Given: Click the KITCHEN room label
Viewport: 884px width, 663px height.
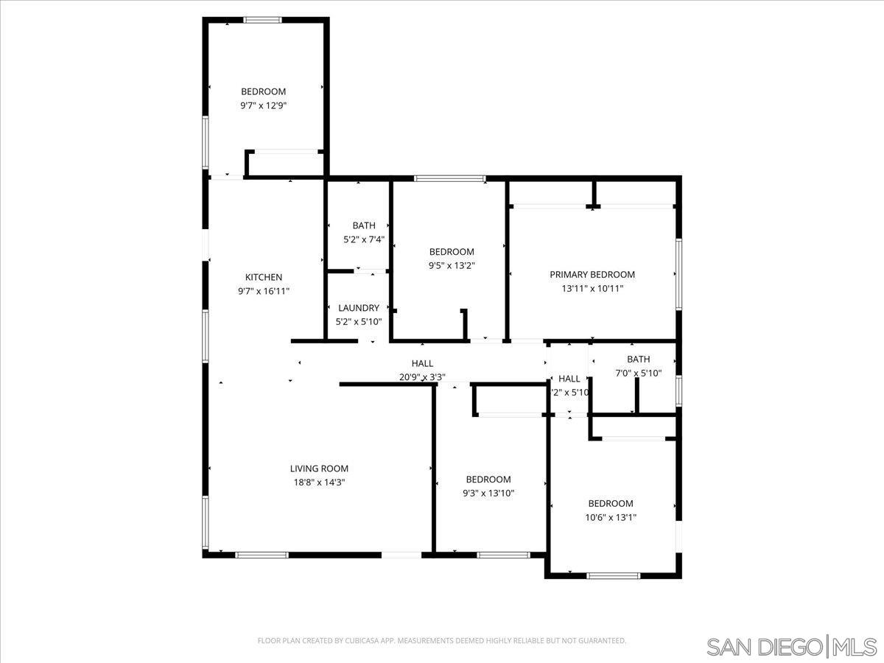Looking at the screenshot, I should tap(264, 277).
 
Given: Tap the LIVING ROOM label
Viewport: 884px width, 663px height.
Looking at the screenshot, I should tap(319, 469).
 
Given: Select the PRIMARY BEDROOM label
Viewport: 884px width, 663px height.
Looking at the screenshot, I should tap(592, 275).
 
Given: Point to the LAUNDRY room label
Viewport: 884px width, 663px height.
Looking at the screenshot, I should tap(359, 308).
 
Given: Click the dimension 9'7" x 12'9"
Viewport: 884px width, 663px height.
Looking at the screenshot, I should tap(264, 105).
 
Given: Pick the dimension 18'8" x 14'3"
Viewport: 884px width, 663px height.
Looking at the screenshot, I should tap(319, 483).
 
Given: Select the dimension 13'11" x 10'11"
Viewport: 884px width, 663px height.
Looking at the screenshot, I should tap(592, 289).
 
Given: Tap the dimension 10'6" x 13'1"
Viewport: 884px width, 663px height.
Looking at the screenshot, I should tap(611, 517).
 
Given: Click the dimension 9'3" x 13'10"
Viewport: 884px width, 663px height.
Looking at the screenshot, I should tap(488, 493).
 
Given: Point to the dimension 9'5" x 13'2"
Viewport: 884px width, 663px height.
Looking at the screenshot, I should tap(452, 266).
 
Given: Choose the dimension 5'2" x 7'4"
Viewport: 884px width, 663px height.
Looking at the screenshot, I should tap(364, 239).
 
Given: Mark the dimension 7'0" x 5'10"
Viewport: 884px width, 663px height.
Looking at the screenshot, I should tap(639, 373).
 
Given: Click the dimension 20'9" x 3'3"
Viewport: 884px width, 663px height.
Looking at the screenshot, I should tap(422, 377).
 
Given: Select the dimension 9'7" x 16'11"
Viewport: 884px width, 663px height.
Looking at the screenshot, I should tap(264, 291).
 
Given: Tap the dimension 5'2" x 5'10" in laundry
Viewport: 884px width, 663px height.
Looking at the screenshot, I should tap(359, 322).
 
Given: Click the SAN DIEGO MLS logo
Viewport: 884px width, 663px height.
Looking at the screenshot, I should tap(790, 647).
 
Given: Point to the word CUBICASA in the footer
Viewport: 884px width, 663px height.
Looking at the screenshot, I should tap(365, 641).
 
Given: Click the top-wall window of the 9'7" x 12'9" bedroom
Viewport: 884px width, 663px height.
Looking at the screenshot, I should tap(263, 20).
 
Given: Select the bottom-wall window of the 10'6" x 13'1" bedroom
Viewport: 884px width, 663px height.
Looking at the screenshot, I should tap(614, 575).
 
